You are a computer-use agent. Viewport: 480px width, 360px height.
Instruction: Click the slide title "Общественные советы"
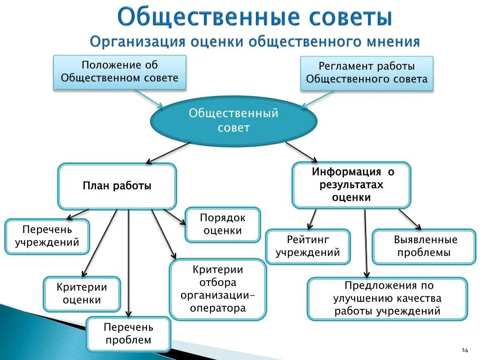coord(255,17)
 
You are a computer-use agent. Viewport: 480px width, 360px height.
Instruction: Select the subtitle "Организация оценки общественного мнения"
coord(255,42)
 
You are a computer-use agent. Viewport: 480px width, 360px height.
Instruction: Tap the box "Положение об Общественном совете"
coord(120,72)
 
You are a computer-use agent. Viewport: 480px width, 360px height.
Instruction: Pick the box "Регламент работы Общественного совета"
coord(367,73)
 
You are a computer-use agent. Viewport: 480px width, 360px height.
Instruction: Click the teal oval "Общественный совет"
coord(233,120)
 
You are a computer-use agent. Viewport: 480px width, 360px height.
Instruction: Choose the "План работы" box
coord(117,186)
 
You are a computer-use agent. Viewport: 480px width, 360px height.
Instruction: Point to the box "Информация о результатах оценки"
coord(351,185)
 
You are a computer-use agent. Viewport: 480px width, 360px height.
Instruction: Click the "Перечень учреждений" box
coord(47,236)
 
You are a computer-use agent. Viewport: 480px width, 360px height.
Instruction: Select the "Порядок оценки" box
coord(223,224)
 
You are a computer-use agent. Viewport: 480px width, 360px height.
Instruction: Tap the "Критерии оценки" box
coord(82,293)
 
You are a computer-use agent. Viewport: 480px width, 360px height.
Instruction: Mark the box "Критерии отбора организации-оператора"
coord(218,289)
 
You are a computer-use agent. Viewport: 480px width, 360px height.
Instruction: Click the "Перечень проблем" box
coord(128,334)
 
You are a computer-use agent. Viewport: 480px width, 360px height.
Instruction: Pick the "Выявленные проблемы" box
coord(424,246)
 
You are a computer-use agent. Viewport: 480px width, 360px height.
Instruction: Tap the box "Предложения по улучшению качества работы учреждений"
coord(387,298)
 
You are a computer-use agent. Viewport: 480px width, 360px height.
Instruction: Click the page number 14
coord(465,350)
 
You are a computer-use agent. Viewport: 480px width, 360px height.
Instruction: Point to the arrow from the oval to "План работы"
coord(169,152)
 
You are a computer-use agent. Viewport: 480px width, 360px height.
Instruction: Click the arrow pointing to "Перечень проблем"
coord(128,262)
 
